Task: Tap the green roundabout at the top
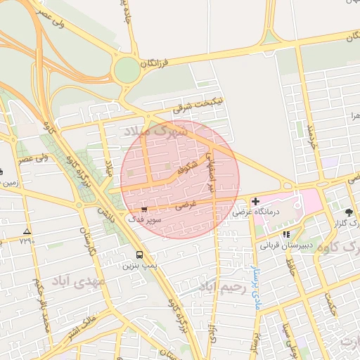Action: tap(127, 70)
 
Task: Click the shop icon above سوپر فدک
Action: tap(144, 210)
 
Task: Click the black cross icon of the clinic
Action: tap(255, 201)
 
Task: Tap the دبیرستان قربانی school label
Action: tap(286, 245)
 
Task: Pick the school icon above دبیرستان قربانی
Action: tap(286, 235)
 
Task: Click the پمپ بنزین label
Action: tap(139, 266)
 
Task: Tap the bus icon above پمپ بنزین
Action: tap(139, 255)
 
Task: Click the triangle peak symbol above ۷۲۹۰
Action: tap(27, 231)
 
